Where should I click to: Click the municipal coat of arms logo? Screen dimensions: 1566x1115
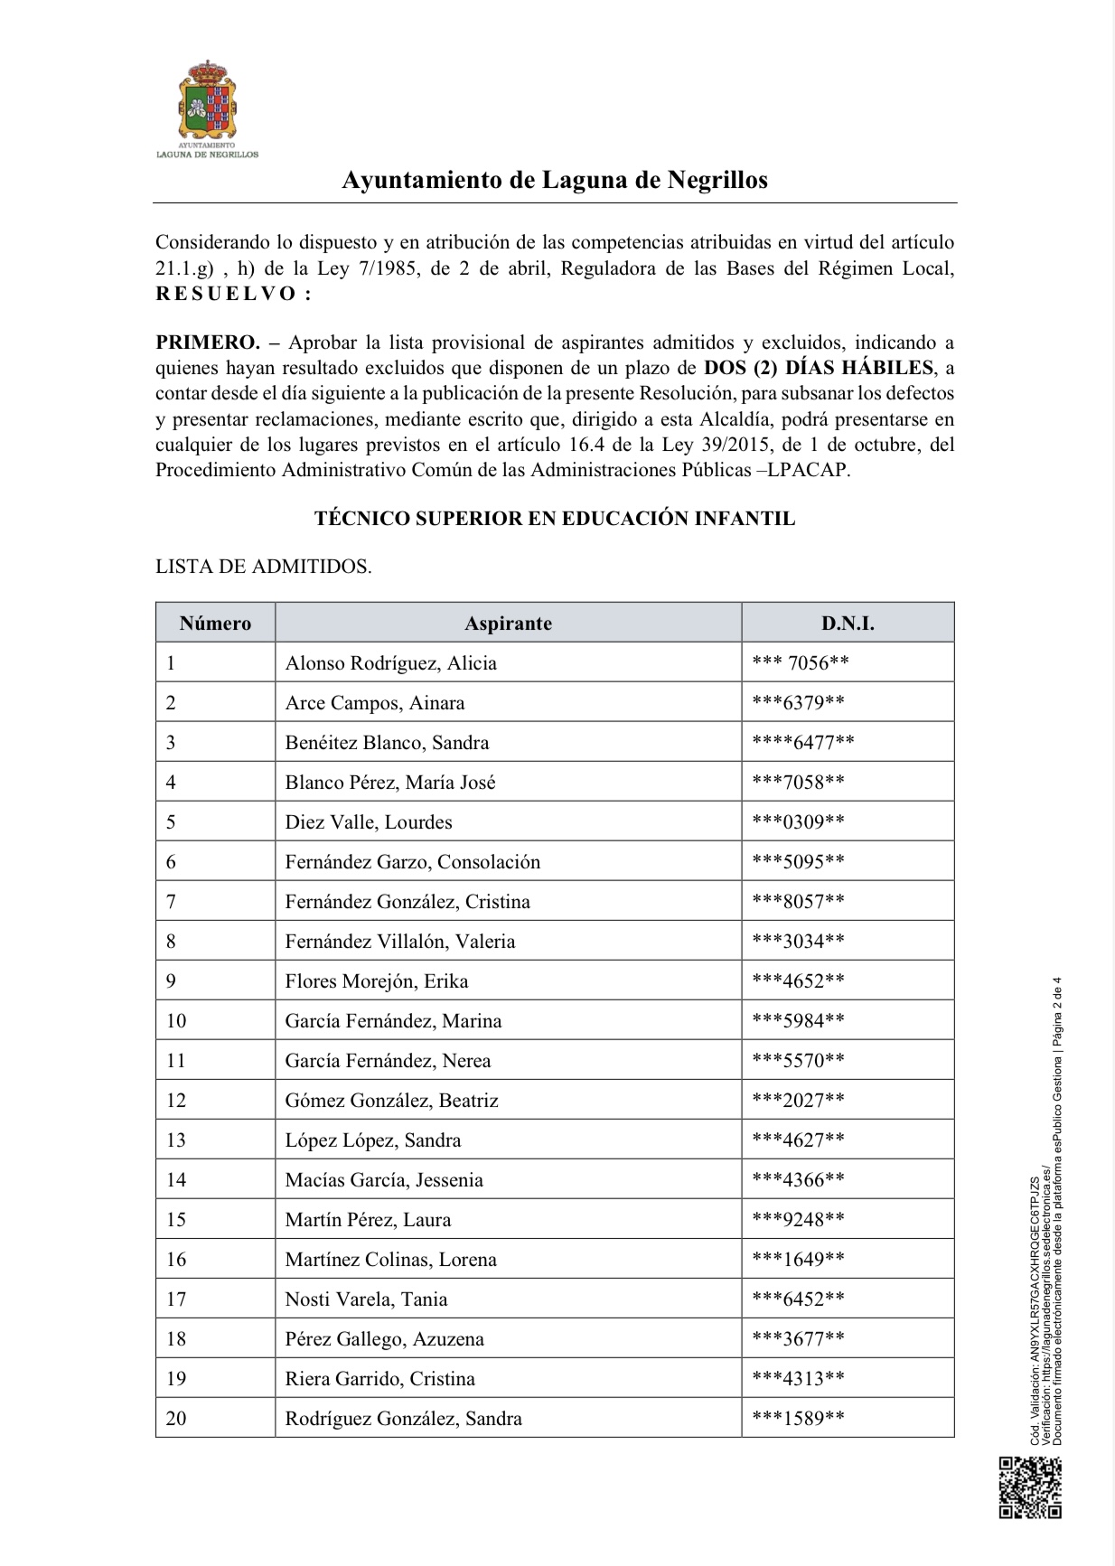click(x=207, y=101)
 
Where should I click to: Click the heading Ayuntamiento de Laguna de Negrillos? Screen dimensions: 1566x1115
click(x=554, y=180)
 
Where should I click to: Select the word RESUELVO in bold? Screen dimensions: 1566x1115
click(x=233, y=294)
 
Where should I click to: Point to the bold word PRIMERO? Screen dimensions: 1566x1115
click(x=207, y=342)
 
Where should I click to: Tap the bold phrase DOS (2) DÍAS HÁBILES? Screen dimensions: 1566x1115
click(x=818, y=368)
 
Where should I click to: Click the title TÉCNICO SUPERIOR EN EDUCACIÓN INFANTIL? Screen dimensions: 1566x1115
click(x=554, y=519)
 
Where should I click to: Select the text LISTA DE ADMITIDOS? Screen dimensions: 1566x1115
click(x=263, y=567)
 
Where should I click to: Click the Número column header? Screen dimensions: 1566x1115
click(x=215, y=624)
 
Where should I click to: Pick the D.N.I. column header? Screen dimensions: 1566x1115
click(x=847, y=624)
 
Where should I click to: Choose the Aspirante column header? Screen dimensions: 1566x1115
click(x=508, y=624)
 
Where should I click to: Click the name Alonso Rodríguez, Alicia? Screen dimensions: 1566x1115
click(x=390, y=663)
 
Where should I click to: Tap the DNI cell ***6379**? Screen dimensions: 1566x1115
click(x=798, y=703)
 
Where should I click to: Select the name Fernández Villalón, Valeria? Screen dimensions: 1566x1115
click(x=399, y=942)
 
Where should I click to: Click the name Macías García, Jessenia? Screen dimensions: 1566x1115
click(x=384, y=1180)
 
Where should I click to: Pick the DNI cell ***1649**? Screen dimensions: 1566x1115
click(x=798, y=1260)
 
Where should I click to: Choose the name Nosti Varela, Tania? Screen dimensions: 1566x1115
click(x=366, y=1299)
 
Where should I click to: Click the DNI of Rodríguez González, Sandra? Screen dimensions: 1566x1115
click(x=798, y=1419)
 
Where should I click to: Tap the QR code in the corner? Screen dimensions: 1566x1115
click(x=1029, y=1487)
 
